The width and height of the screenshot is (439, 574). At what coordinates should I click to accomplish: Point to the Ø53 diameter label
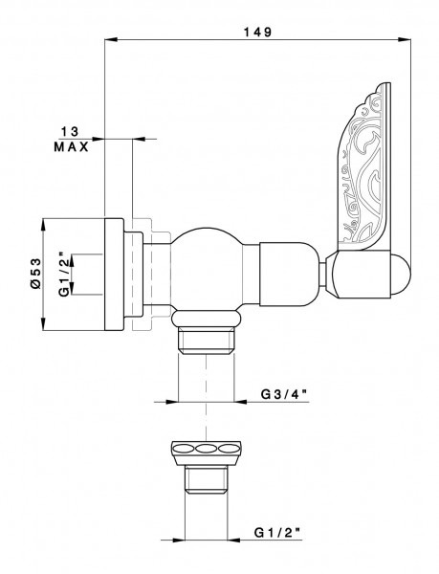[33, 274]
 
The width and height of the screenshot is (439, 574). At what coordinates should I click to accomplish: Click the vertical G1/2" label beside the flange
[63, 274]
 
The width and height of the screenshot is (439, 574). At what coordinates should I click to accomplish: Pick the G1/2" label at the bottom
[281, 528]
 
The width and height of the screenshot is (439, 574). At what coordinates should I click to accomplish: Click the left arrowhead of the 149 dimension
[107, 40]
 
